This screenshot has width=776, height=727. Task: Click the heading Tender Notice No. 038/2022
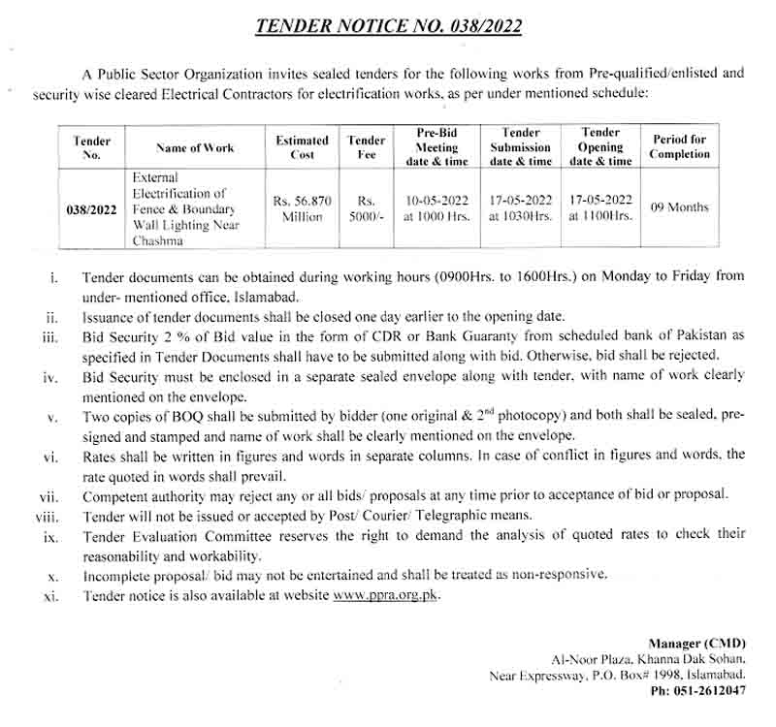(388, 26)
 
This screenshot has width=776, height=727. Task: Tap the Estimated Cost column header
(302, 147)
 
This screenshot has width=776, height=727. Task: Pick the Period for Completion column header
(679, 146)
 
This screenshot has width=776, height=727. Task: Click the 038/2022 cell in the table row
(91, 208)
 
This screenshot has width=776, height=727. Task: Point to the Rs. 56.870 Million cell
(302, 208)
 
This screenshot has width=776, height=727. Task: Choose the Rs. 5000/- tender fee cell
(367, 208)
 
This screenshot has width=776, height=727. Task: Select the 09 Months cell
(679, 206)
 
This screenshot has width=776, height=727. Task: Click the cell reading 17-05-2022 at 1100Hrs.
(601, 208)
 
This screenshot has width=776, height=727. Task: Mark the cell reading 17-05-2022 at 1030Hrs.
(521, 208)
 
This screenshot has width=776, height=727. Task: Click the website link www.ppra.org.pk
(386, 595)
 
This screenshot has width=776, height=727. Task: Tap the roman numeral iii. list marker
(50, 335)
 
